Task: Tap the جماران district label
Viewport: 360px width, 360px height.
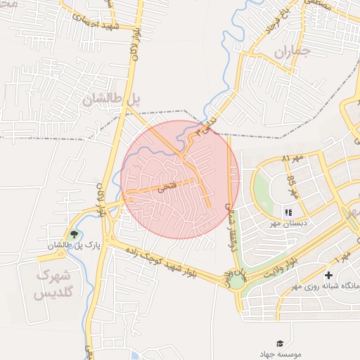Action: (x=291, y=51)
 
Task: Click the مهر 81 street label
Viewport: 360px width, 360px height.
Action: (x=294, y=157)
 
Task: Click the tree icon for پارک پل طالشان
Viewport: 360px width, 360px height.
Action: (x=75, y=234)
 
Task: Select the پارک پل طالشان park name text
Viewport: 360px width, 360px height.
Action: (x=75, y=246)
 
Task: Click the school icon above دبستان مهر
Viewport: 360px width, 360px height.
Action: (x=287, y=212)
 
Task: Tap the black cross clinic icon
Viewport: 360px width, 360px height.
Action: (x=329, y=274)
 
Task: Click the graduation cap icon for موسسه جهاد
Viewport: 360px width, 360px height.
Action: (x=280, y=342)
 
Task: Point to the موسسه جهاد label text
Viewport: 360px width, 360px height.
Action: (x=280, y=354)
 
